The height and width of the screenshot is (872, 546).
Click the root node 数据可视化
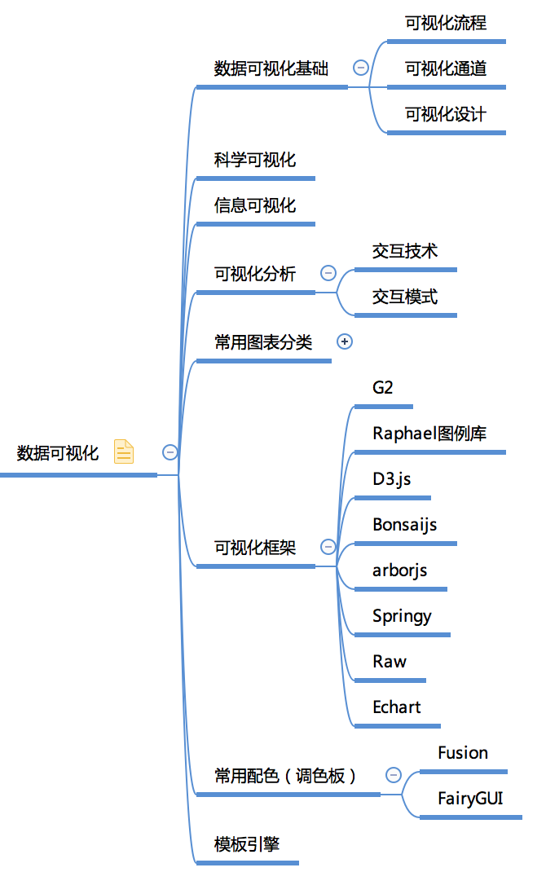pos(58,453)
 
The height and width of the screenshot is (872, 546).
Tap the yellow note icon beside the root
pos(123,451)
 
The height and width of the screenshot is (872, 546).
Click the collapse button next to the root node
pos(170,451)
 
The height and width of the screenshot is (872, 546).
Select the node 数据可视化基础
pos(271,68)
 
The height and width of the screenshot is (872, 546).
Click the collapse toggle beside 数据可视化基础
pos(360,68)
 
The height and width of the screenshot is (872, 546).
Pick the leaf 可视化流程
pos(446,23)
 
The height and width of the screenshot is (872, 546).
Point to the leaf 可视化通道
pos(446,68)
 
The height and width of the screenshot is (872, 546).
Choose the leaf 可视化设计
pos(446,114)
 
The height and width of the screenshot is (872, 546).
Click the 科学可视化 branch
pos(255,160)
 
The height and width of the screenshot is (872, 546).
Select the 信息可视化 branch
pos(255,205)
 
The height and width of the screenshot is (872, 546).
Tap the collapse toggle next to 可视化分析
pos(328,273)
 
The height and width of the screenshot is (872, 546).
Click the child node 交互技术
pos(405,251)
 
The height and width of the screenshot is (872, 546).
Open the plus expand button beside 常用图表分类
pos(345,342)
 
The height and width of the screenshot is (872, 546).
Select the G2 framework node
pos(383,388)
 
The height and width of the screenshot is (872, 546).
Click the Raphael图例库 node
pos(429,434)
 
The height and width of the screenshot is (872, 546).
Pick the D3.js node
pos(392,478)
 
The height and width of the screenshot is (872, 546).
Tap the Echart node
pos(397,707)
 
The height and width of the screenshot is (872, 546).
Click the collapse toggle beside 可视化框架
pos(328,547)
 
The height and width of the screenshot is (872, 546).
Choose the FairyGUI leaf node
pos(470,798)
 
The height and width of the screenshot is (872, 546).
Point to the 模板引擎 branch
pos(247,844)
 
